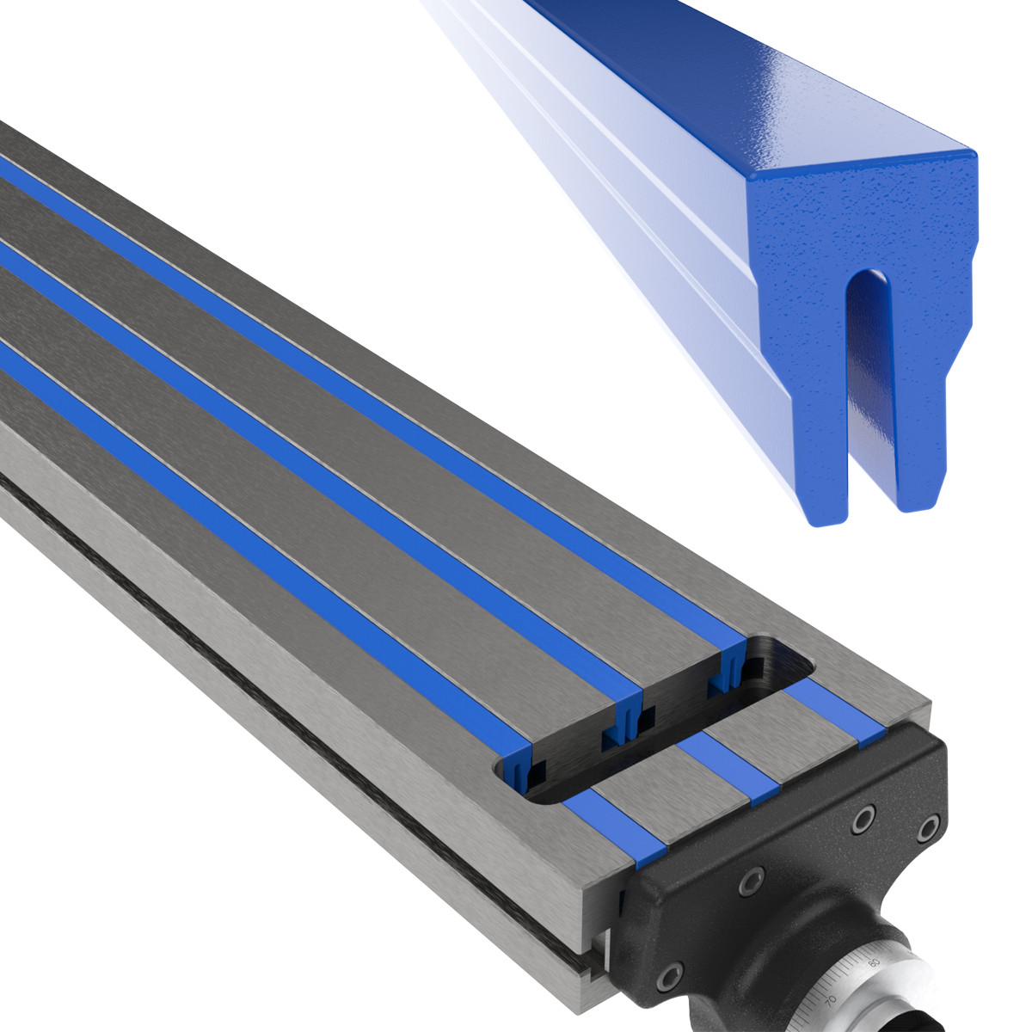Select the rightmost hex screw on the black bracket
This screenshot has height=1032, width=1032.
927,829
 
